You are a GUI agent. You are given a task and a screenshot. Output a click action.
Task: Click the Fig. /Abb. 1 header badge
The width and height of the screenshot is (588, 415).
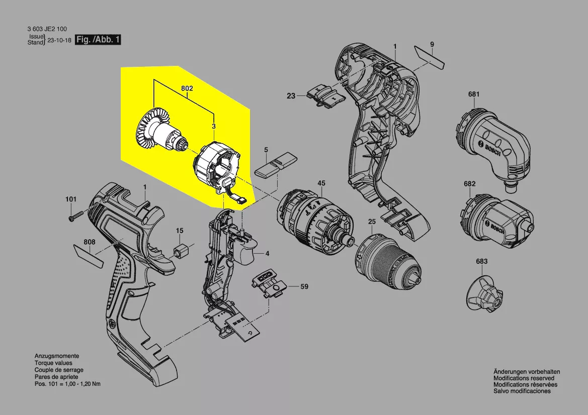point(98,40)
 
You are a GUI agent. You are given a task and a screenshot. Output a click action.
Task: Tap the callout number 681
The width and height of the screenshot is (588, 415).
point(474,94)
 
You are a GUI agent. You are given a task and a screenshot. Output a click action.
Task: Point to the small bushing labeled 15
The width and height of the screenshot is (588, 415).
point(180,251)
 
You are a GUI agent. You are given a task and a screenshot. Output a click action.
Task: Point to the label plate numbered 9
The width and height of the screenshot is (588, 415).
point(430,57)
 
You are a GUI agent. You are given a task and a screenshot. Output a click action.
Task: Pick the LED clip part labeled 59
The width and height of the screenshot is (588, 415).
point(269,286)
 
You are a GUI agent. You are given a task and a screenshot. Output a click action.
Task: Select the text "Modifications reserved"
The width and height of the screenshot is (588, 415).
point(524,378)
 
